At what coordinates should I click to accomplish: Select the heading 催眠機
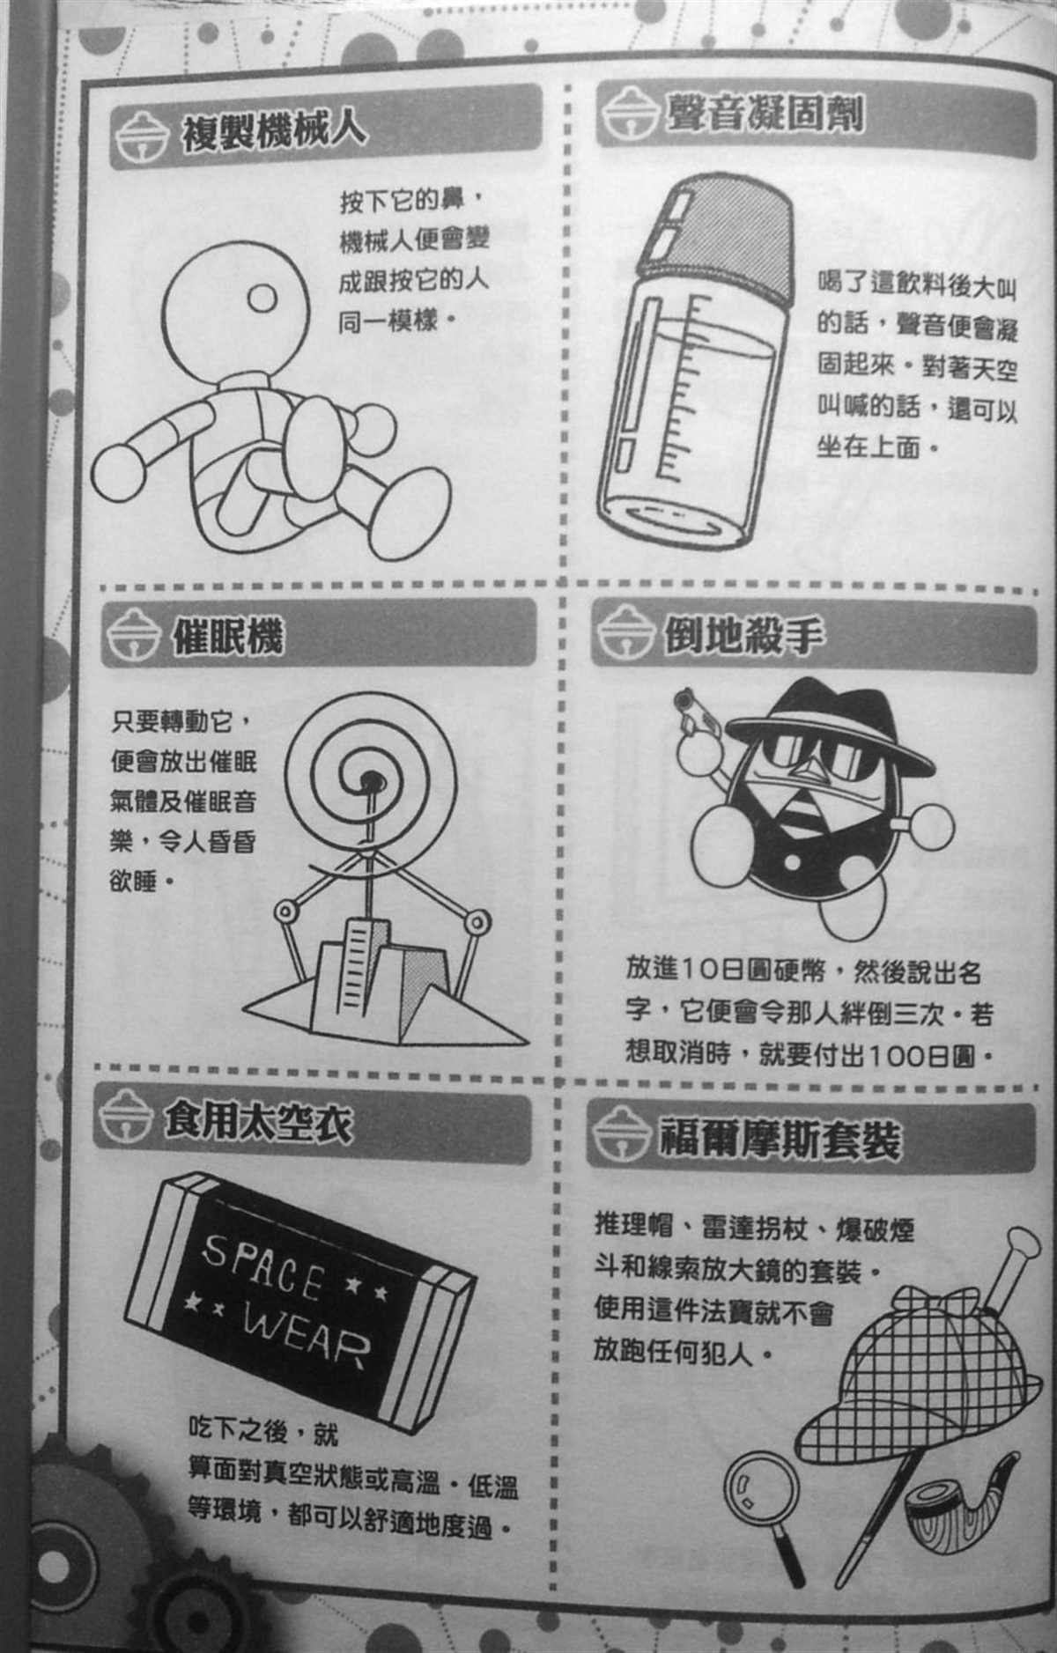228,632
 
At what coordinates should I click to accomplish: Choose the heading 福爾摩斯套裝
780,1140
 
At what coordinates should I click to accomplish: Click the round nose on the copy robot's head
262,299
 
